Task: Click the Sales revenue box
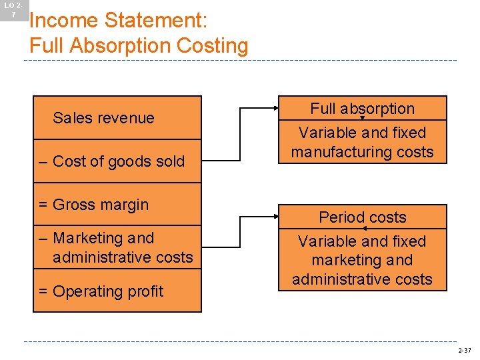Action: tap(117, 118)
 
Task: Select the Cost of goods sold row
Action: tap(117, 161)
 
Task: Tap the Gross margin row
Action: tap(117, 205)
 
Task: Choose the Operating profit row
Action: tap(117, 291)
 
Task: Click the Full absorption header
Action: tap(362, 109)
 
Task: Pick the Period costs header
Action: tap(362, 217)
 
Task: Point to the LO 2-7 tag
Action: tap(13, 10)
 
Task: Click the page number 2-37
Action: tap(464, 351)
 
